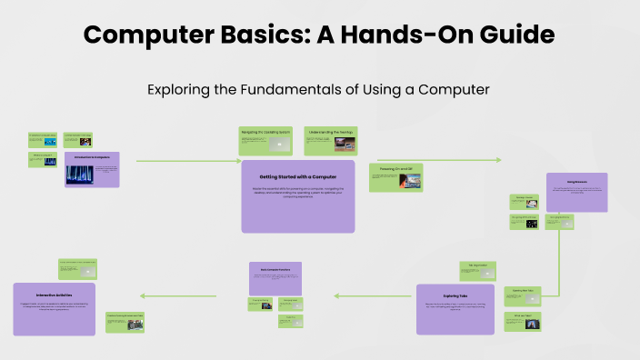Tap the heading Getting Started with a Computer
coord(297,175)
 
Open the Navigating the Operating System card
coord(266,140)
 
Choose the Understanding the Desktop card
coord(330,140)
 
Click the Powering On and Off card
coord(395,178)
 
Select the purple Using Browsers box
coord(576,192)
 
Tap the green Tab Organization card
coord(479,270)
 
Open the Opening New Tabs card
coord(528,295)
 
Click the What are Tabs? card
coord(528,321)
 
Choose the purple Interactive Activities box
coord(55,308)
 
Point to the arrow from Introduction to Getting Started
coord(182,160)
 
